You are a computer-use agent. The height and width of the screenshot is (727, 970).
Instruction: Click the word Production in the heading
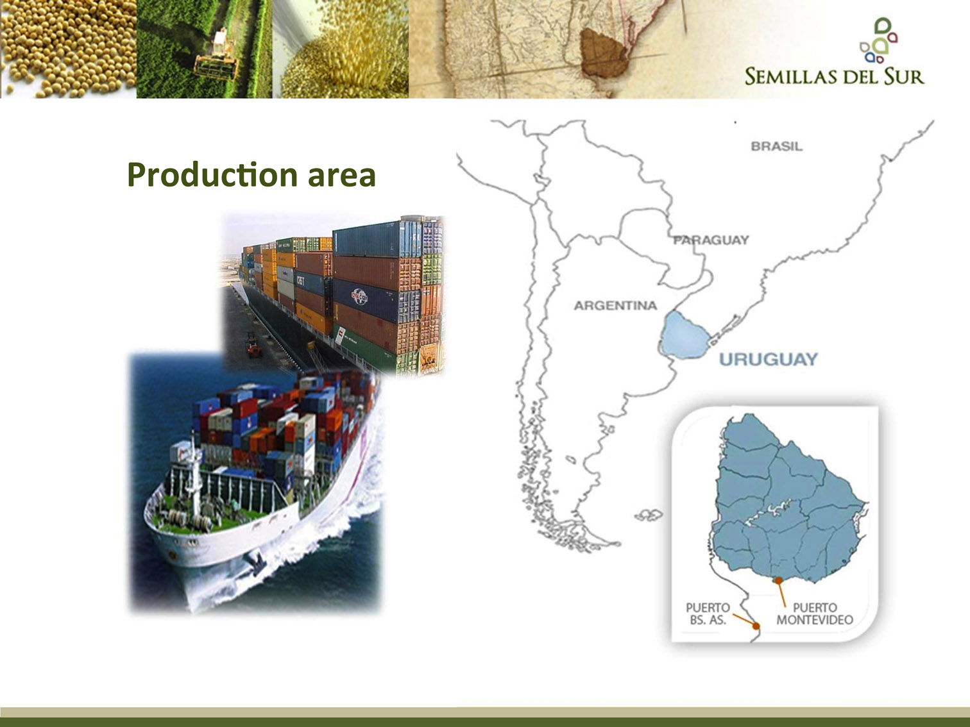212,175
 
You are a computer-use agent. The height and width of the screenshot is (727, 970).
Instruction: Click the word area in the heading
341,176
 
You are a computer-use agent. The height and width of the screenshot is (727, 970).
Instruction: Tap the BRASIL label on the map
776,147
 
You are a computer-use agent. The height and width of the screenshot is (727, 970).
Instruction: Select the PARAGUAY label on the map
711,240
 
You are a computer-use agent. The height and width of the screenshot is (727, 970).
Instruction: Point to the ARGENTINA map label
615,305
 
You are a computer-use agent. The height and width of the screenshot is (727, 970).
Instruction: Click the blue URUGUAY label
769,359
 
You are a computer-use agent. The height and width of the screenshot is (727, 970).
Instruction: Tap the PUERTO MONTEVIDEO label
815,614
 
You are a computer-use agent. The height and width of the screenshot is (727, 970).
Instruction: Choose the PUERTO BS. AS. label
708,614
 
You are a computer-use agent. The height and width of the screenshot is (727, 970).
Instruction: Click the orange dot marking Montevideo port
779,581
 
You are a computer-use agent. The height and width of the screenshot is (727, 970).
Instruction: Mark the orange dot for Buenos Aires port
756,626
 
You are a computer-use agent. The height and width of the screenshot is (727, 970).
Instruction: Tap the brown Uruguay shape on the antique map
603,53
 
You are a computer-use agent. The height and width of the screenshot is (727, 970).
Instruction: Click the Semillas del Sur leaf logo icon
878,40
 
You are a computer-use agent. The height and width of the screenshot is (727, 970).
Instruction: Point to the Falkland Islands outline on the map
649,515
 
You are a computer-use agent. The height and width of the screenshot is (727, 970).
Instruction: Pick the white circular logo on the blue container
359,297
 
